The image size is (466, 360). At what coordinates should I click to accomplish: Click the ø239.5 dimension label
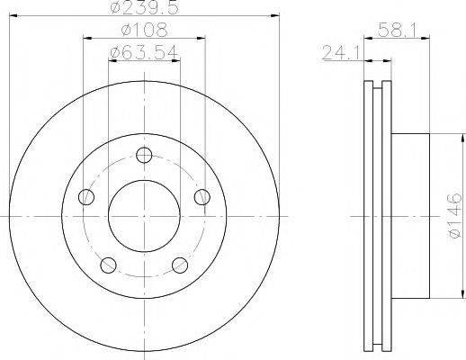coord(144,7)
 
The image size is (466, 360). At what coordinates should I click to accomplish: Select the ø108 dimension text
coord(144,30)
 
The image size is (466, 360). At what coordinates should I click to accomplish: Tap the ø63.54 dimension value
coord(144,53)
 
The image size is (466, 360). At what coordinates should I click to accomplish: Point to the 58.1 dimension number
coord(397,30)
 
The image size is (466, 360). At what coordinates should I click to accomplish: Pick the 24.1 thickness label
coord(342,53)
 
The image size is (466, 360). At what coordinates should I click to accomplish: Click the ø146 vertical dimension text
coord(454,216)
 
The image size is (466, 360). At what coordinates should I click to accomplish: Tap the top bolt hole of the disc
coord(144,155)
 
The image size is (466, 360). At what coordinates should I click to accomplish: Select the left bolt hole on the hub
coord(86,197)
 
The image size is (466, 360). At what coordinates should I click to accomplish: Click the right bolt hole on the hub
coord(202,197)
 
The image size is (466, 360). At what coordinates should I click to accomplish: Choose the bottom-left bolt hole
coord(108,265)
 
